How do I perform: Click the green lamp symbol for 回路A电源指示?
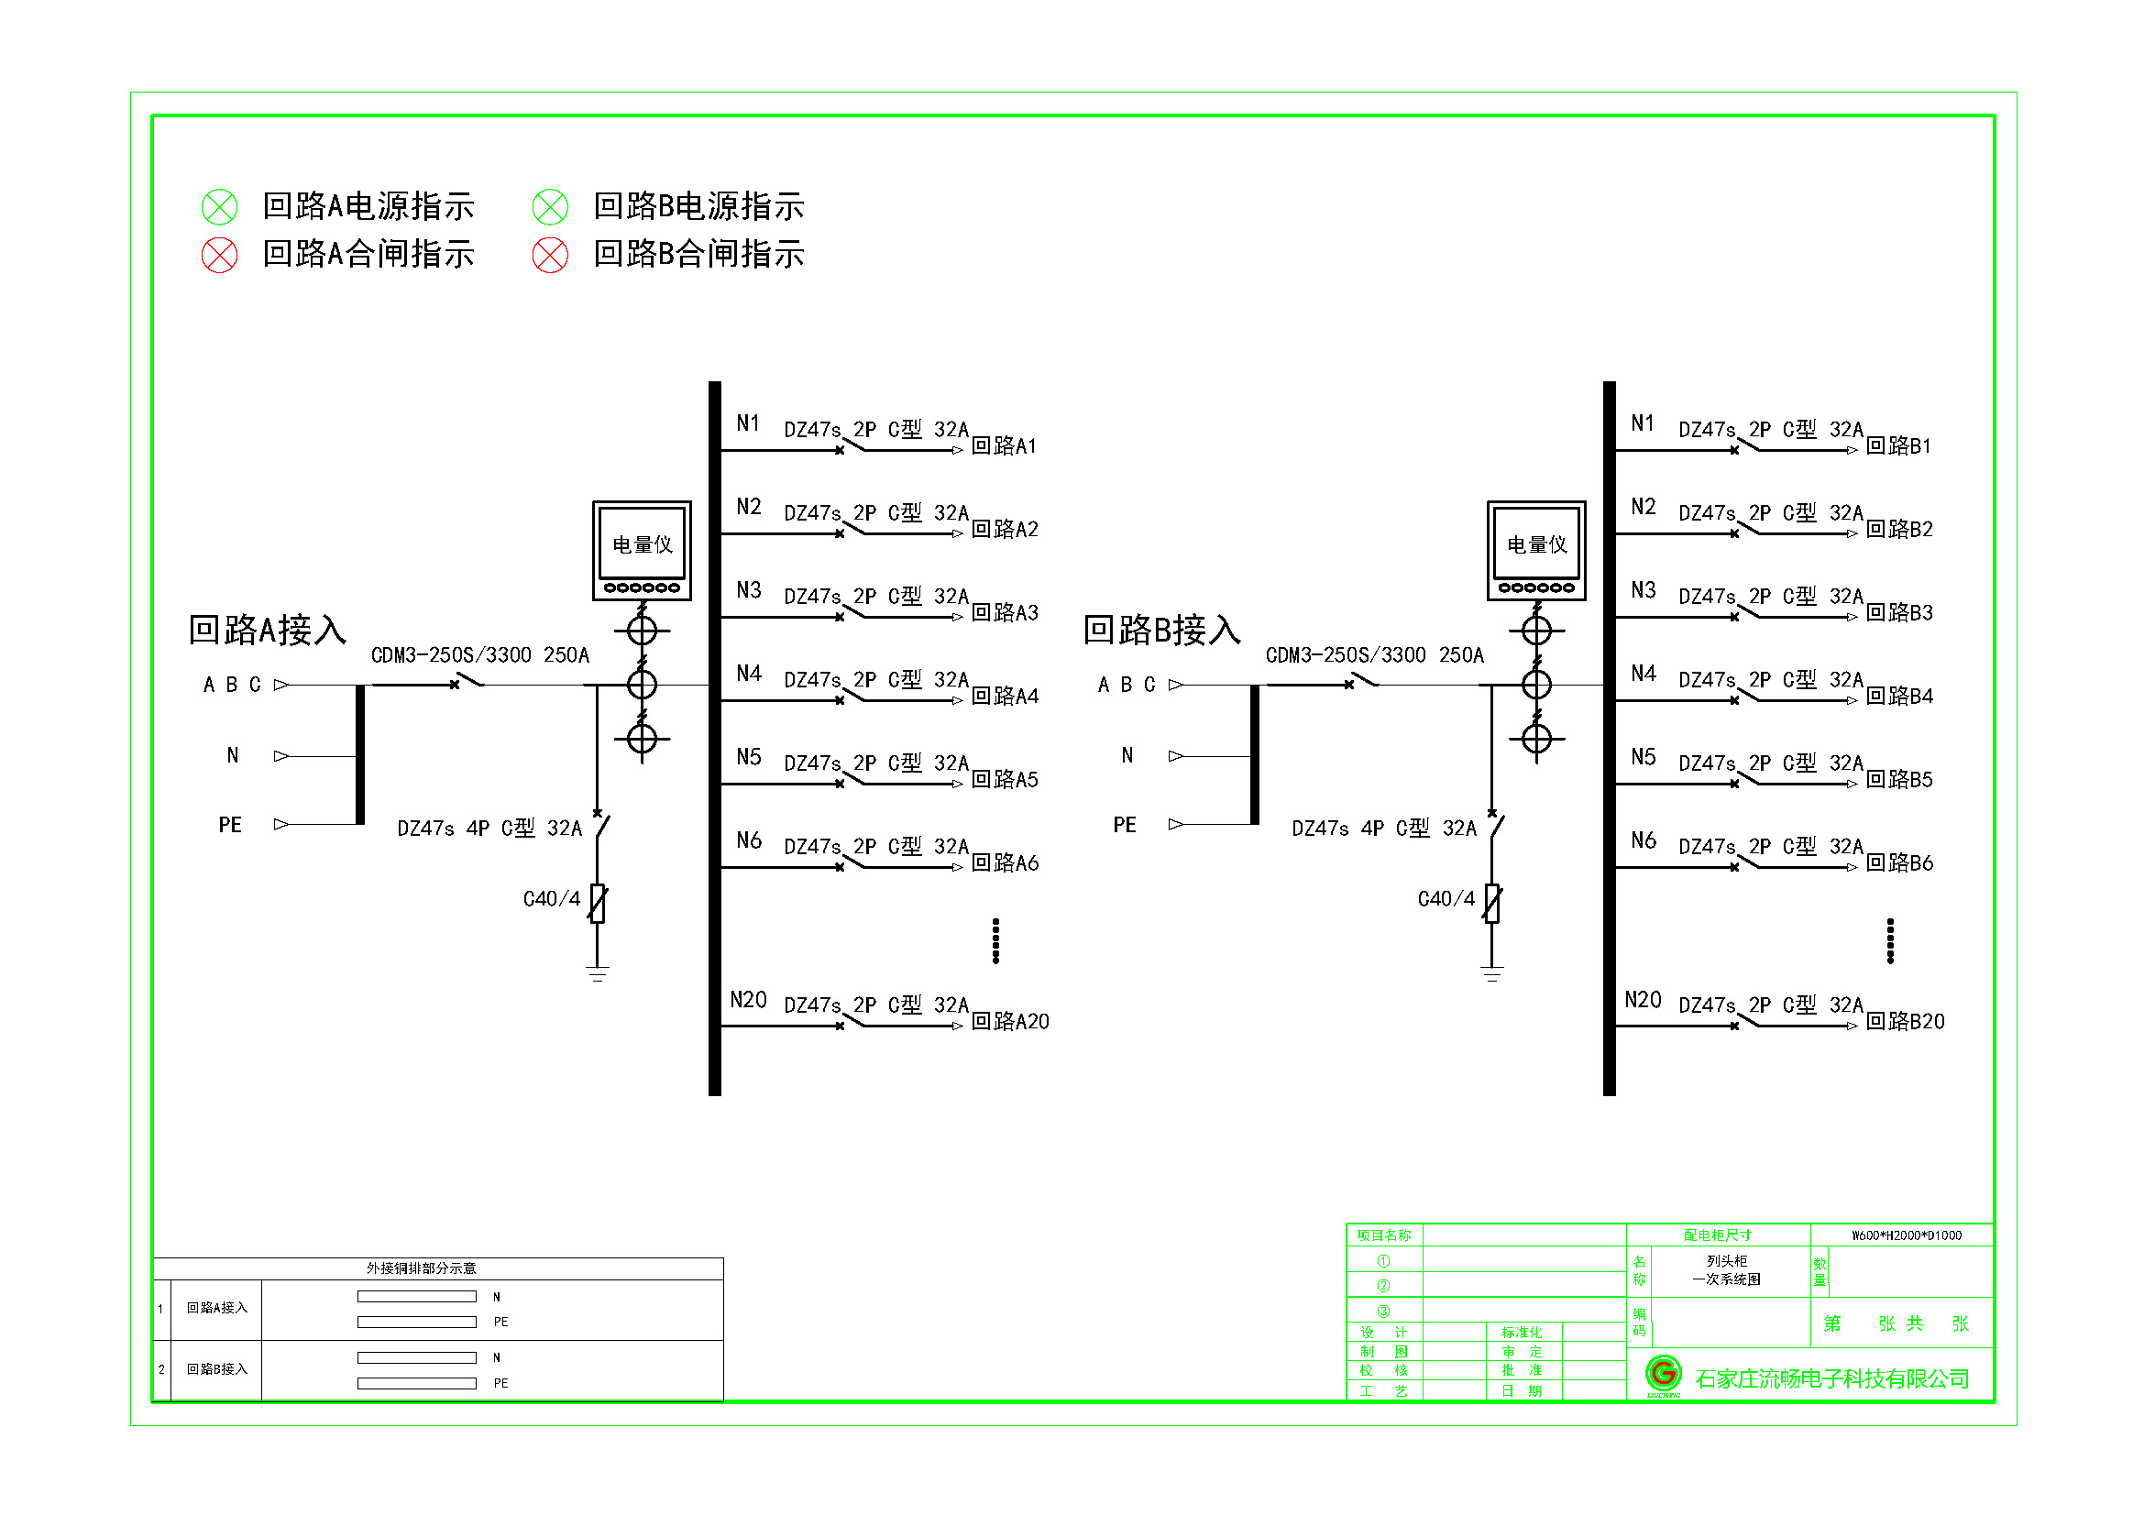point(219,206)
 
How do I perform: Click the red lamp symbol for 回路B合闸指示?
point(550,255)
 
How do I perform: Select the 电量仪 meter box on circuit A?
point(642,550)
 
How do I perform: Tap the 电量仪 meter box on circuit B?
point(1536,550)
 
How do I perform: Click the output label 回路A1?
point(1004,446)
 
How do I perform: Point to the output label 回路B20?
point(1905,1021)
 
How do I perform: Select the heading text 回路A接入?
point(267,630)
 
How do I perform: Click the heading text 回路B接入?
point(1161,630)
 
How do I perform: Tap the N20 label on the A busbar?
point(748,1000)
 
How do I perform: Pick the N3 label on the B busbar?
point(1643,590)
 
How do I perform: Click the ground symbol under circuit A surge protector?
point(598,973)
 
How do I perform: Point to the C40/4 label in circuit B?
point(1446,899)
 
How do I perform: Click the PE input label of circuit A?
point(230,825)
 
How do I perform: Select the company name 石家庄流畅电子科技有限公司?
point(1831,1378)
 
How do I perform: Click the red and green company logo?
point(1663,1374)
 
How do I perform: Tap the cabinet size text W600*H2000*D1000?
point(1907,1235)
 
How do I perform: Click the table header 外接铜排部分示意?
point(421,1268)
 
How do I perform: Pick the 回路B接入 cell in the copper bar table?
point(216,1369)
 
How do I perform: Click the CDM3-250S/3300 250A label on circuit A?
point(480,655)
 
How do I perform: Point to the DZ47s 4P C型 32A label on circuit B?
point(1384,829)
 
